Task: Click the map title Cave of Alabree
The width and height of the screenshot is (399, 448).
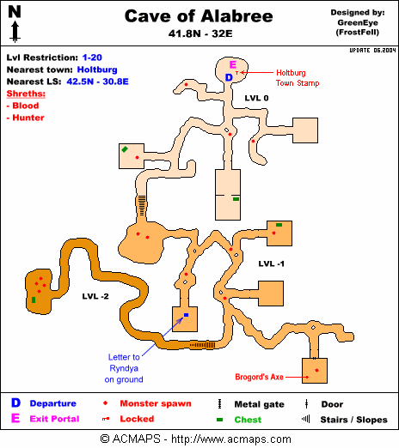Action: tap(199, 16)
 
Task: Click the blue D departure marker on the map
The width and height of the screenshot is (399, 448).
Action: tap(229, 77)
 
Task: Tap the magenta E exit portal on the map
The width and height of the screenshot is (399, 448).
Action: tap(233, 64)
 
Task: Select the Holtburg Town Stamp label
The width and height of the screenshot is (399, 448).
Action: tap(298, 78)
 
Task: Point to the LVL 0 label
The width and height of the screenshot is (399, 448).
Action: tap(256, 98)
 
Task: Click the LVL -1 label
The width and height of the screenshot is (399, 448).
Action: tap(271, 263)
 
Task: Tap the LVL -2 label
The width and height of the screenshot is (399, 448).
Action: tap(95, 296)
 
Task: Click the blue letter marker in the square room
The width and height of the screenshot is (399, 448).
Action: tap(186, 315)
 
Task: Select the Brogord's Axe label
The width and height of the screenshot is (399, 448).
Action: tap(259, 377)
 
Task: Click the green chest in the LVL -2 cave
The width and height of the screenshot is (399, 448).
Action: tap(34, 300)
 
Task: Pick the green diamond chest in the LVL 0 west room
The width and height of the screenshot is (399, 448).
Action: tap(125, 149)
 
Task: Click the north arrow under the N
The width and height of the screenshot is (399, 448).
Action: tap(15, 32)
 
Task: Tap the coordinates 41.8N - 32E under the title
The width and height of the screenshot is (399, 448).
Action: tap(200, 33)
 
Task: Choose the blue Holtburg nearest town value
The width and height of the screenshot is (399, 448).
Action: tap(97, 70)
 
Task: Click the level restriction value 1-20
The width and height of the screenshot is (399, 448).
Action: tap(92, 58)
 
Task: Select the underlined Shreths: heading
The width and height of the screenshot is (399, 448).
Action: tap(26, 94)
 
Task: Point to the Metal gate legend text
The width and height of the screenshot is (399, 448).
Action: tap(259, 404)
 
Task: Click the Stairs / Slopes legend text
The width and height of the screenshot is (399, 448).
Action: tap(353, 420)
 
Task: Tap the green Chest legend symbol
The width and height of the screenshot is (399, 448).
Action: tap(219, 420)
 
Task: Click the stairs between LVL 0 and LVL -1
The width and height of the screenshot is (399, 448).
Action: tap(142, 206)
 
